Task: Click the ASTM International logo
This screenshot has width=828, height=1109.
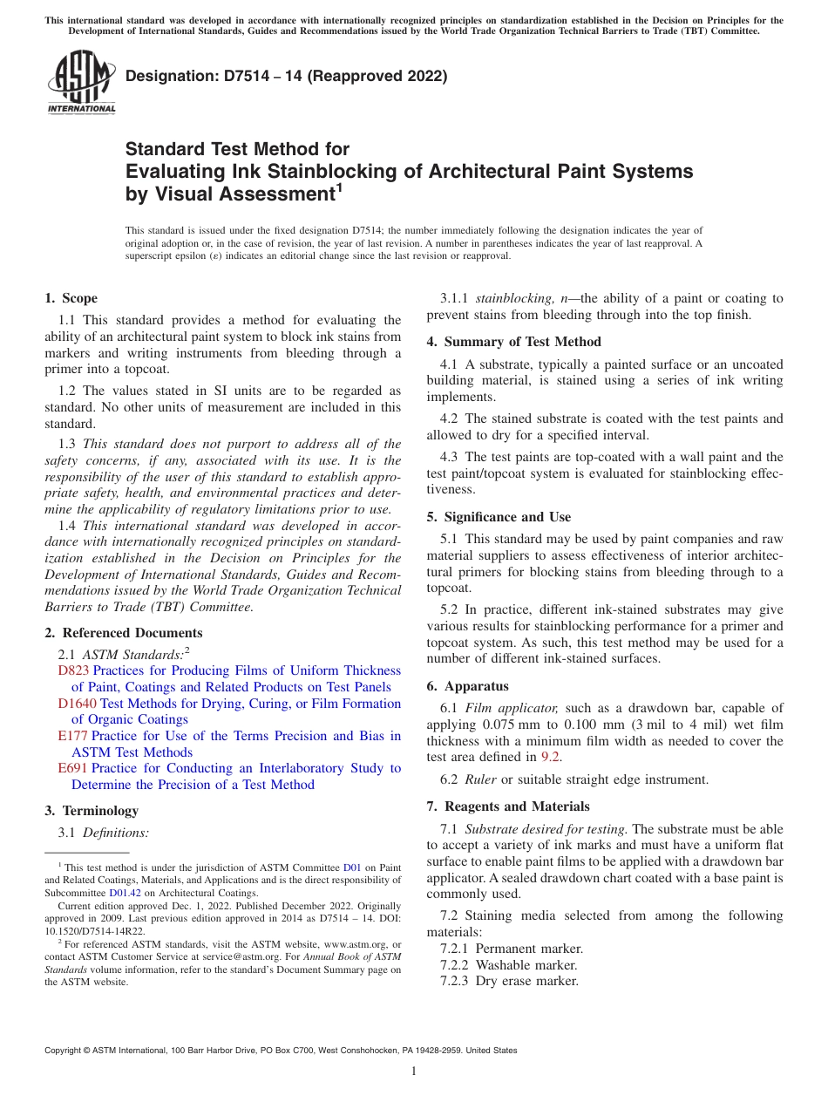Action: pyautogui.click(x=81, y=82)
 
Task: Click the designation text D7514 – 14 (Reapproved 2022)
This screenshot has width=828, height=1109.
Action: pyautogui.click(x=287, y=76)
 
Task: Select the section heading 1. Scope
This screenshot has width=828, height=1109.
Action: pyautogui.click(x=71, y=298)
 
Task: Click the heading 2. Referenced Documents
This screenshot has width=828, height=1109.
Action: pyautogui.click(x=124, y=633)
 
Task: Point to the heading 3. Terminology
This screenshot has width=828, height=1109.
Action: pyautogui.click(x=92, y=811)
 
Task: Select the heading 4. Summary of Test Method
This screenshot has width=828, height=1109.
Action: pyautogui.click(x=513, y=342)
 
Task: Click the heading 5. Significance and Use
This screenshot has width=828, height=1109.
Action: pyautogui.click(x=499, y=517)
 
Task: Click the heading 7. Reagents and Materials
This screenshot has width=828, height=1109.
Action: pyautogui.click(x=508, y=806)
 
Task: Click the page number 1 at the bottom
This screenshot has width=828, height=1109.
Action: pyautogui.click(x=414, y=1071)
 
